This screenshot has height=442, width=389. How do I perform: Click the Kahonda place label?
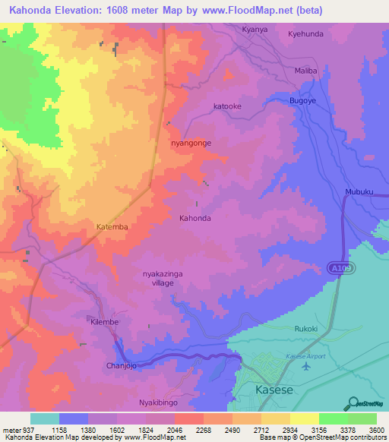click(x=194, y=218)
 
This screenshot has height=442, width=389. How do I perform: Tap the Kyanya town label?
click(x=255, y=29)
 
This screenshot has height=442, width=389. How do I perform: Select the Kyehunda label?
click(x=305, y=34)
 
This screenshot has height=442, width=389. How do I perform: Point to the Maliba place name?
click(x=305, y=71)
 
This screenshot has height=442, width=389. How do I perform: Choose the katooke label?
click(x=227, y=106)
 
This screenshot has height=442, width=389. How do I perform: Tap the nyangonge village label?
click(x=191, y=143)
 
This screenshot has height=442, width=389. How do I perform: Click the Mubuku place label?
click(x=359, y=192)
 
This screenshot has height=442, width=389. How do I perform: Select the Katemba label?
click(x=112, y=227)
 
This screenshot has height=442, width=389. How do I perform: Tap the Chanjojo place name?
click(x=121, y=366)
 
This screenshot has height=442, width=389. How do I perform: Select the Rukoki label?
click(x=307, y=329)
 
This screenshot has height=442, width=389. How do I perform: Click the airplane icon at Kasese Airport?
click(x=306, y=366)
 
